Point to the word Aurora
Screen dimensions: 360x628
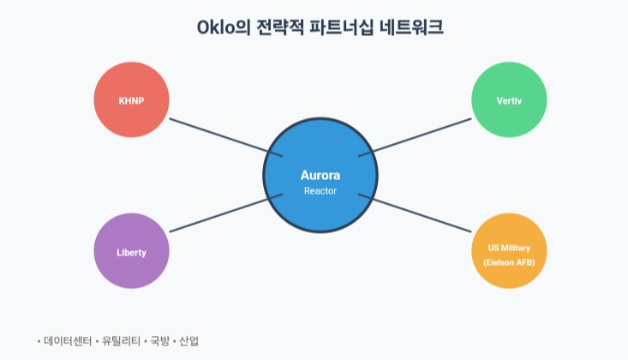pos(320,175)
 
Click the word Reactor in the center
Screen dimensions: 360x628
pos(320,191)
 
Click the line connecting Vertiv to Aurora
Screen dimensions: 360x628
pos(416,137)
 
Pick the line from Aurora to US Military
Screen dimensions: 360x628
pos(416,214)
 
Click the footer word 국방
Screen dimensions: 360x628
pos(160,340)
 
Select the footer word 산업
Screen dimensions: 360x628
pos(189,340)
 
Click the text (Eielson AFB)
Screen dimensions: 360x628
pos(509,262)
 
